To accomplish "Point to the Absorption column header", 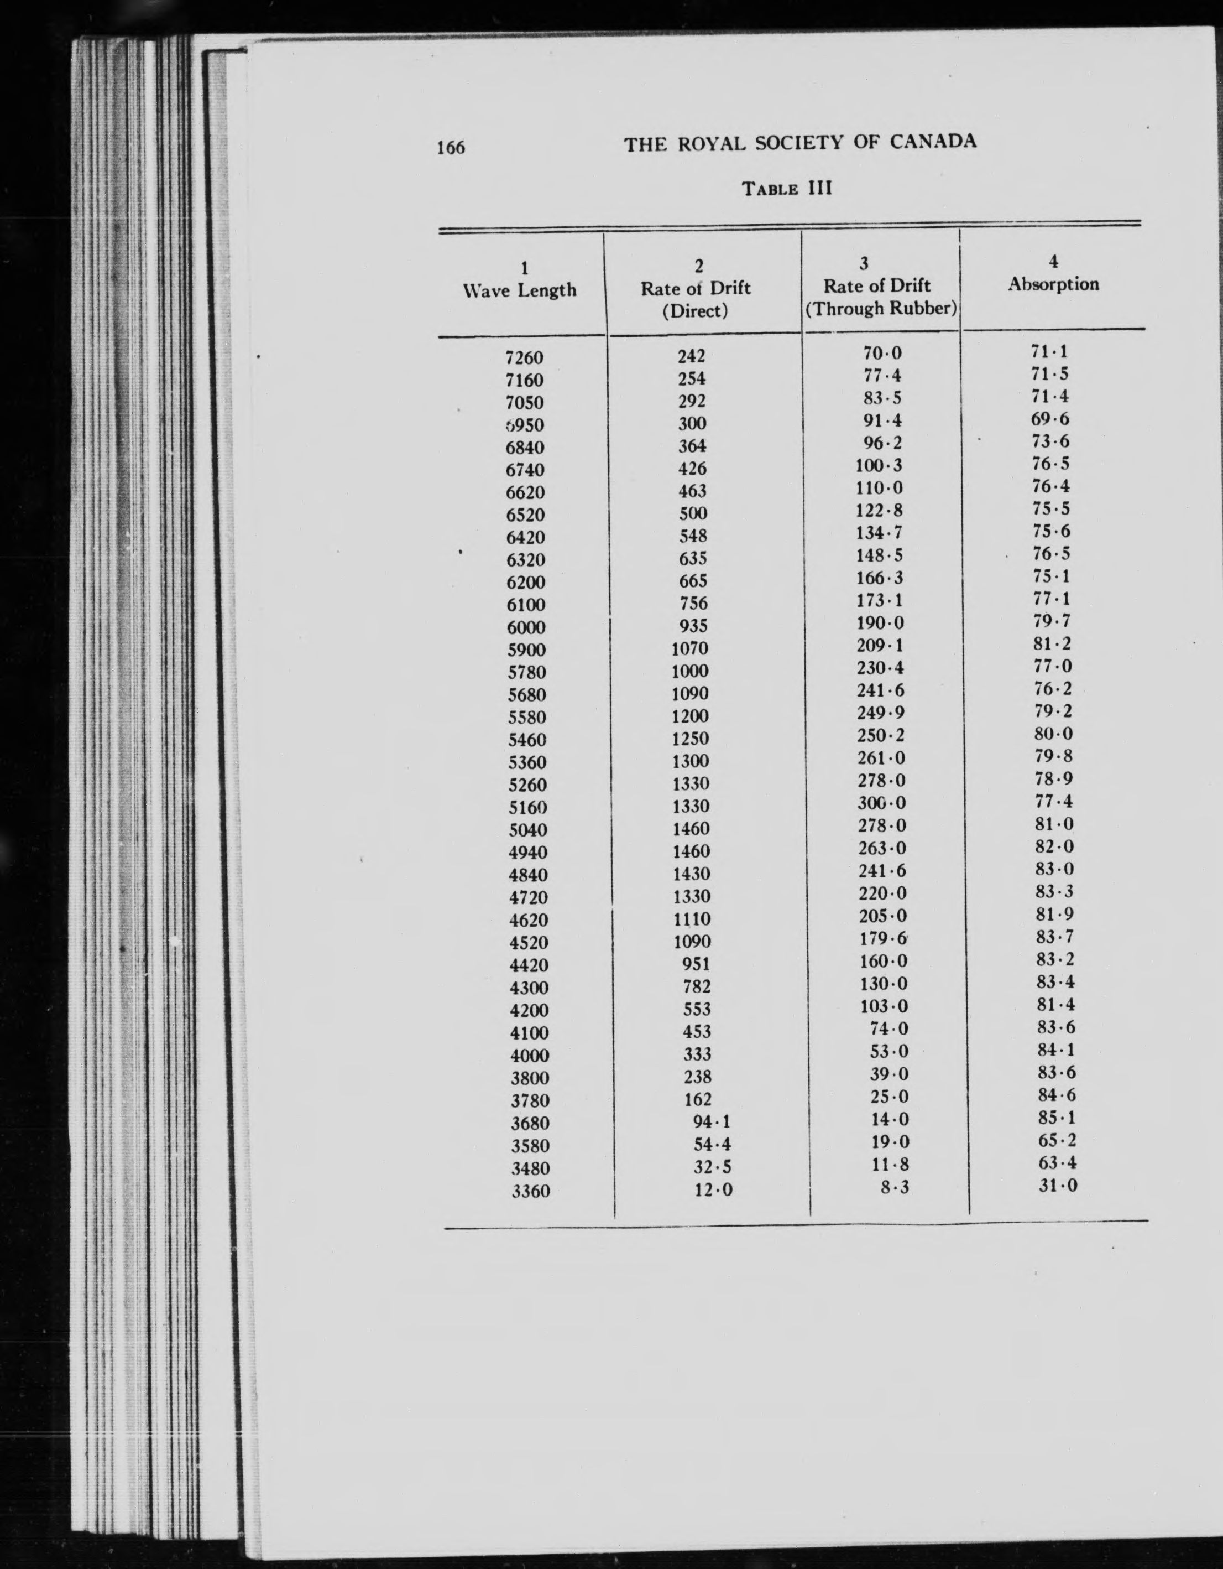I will [1053, 284].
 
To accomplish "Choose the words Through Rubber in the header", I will [880, 309].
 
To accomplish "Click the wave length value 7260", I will [524, 357].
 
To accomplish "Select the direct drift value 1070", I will [690, 649].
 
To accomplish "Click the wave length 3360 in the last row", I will [531, 1191].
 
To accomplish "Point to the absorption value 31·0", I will [1058, 1186].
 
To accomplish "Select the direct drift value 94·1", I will [712, 1121].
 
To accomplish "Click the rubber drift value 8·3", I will [895, 1187].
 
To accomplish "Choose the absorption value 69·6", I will [1050, 419].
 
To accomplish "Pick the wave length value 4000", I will [529, 1056].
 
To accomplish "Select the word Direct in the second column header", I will [694, 311].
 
